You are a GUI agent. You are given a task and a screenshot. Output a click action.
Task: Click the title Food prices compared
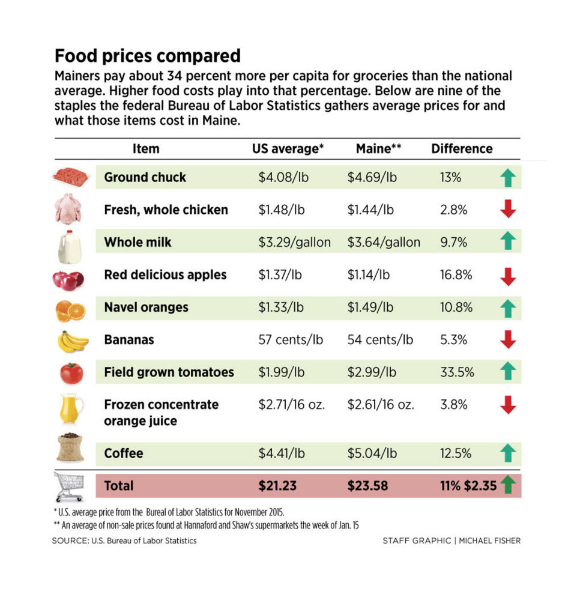tap(147, 56)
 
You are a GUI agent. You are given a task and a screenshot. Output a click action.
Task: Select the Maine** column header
tap(378, 149)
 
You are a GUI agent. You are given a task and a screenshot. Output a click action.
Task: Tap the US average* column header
tap(288, 149)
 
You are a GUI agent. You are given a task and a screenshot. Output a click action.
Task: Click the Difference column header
tap(462, 149)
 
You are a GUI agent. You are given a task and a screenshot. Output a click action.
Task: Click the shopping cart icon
tap(71, 486)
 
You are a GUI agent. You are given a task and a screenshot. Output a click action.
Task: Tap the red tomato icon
tap(71, 372)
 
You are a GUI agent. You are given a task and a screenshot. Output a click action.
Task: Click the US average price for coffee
tap(282, 453)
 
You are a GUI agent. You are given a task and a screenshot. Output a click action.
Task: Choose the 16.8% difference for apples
tap(456, 275)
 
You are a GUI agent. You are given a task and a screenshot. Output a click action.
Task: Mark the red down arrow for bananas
tap(508, 340)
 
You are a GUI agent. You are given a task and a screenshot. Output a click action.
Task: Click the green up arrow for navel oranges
tap(508, 308)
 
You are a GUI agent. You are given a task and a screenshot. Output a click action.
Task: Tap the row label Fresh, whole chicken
tap(166, 210)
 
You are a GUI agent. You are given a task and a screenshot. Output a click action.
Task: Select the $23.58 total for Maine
tap(366, 486)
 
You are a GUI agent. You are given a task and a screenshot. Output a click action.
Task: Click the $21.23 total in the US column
tap(277, 486)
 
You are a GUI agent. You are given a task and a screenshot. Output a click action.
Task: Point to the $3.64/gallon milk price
tap(384, 243)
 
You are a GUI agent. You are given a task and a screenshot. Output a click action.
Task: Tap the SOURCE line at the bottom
tap(124, 541)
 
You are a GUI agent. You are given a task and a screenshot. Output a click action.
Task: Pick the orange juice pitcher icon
tap(70, 409)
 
